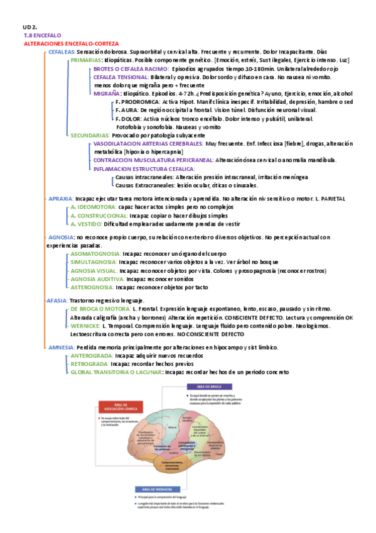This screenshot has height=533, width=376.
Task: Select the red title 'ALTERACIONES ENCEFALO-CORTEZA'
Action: [x=70, y=43]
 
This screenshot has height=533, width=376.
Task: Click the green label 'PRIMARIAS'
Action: [x=86, y=60]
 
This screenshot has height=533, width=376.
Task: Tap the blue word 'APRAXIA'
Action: [x=61, y=198]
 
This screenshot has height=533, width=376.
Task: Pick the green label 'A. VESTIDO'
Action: [x=86, y=223]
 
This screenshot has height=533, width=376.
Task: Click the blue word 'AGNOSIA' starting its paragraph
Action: [x=60, y=237]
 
